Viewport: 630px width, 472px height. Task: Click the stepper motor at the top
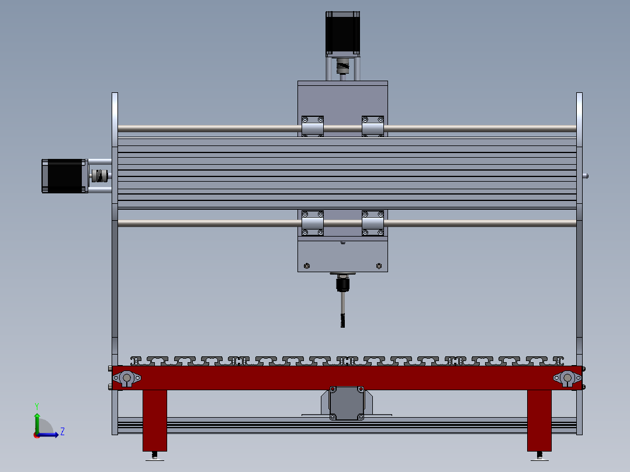[x=342, y=33]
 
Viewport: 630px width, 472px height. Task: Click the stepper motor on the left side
[x=64, y=176]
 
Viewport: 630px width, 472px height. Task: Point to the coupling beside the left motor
[x=100, y=175]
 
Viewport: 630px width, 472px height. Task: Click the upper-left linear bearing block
[x=313, y=126]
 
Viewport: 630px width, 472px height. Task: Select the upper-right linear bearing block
[x=373, y=126]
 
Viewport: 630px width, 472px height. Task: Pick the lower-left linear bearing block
[x=313, y=223]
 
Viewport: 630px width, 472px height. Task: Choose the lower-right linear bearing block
[x=373, y=223]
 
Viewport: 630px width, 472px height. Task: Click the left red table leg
[x=155, y=420]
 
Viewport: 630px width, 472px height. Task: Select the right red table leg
[x=539, y=420]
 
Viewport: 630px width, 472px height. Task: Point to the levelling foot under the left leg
[x=155, y=457]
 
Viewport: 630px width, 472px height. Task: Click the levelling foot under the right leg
[x=539, y=457]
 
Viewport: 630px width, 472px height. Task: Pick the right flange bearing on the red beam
[x=566, y=379]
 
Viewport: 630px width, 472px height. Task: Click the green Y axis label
[x=36, y=405]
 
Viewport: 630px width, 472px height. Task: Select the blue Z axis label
[x=62, y=432]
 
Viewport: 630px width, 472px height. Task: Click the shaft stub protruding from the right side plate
[x=586, y=175]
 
